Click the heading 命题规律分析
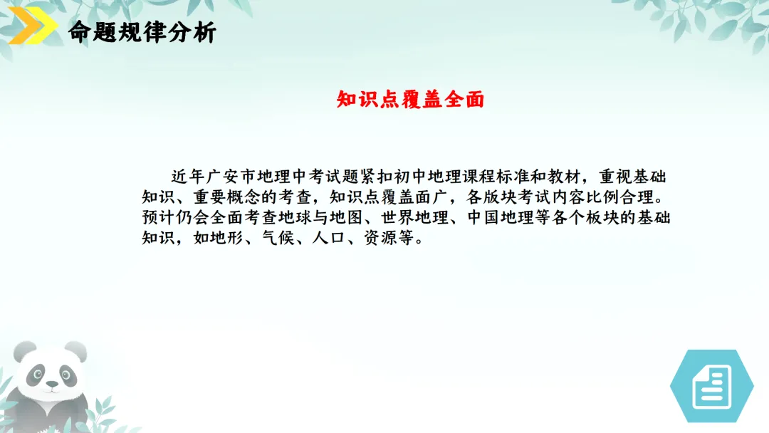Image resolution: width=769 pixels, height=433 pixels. coord(142,33)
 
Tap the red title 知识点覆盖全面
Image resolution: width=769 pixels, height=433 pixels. coord(410,100)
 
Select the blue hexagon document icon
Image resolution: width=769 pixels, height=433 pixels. coord(711,386)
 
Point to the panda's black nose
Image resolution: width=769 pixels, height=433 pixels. coord(52,385)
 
